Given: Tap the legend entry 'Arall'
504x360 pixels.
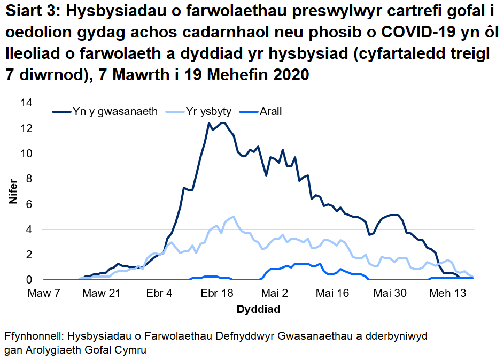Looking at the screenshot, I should pos(270,112).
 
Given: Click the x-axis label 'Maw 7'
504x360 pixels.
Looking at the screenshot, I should pos(44,293).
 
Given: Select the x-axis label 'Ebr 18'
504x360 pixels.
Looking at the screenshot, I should pos(216,293).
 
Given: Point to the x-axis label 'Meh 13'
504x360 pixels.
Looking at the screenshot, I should pos(448,293).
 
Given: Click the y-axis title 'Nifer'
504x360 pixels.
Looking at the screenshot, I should pos(12,192).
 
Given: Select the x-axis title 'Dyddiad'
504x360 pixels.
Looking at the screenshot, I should pos(258,309).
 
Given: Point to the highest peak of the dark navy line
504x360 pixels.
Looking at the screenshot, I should pos(209,123).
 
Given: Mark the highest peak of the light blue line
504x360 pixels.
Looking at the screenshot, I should pos(234,217).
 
